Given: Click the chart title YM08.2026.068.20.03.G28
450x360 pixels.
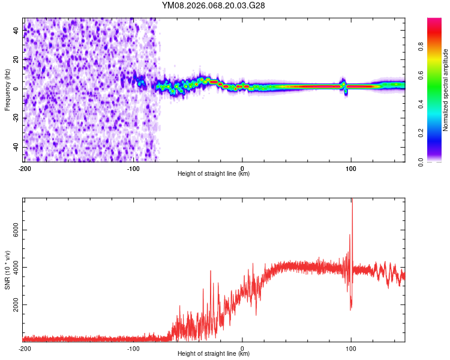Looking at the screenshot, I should point(214,5).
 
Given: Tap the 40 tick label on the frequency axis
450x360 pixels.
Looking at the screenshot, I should point(17,30).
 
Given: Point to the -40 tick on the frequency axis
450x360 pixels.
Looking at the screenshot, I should point(17,147).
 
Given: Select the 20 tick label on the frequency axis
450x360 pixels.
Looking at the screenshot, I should point(17,59).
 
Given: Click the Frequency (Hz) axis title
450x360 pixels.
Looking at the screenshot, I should point(7,90).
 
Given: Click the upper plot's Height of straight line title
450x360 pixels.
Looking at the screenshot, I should point(214,174).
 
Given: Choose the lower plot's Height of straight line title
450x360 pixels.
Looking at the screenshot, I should point(214,354).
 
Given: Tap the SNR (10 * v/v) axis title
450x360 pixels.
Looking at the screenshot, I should point(7,270).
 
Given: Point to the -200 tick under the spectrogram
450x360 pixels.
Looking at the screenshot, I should point(25,169).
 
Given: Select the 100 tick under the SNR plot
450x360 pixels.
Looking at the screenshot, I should point(351,349).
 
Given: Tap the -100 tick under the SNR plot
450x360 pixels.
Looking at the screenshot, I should point(133,349).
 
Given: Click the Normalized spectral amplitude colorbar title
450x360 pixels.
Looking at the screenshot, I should point(446,90).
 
